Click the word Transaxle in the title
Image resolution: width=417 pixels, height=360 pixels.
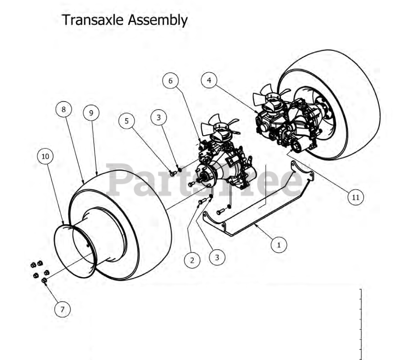[x=92, y=20]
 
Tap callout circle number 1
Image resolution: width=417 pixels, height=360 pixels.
[x=279, y=245]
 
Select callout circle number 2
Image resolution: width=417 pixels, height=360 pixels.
[x=192, y=260]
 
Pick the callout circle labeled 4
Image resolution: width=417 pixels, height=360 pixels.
[x=209, y=81]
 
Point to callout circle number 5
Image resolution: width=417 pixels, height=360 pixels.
[x=127, y=121]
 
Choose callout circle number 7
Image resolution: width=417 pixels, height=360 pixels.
[x=62, y=309]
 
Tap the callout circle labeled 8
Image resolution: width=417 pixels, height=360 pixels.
[x=64, y=110]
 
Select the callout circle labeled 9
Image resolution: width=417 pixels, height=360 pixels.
[x=91, y=113]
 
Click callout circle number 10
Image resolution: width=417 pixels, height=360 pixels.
[x=45, y=157]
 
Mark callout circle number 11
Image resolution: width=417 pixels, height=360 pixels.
[x=356, y=197]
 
